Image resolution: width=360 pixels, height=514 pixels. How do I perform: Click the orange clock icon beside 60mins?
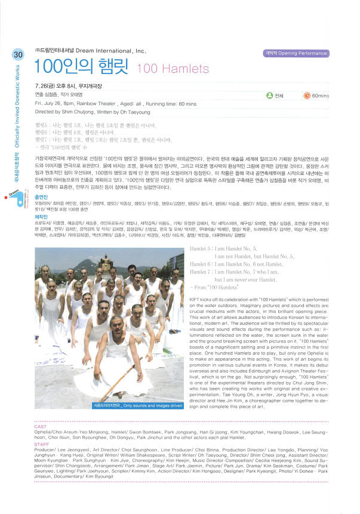pyautogui.click(x=307, y=95)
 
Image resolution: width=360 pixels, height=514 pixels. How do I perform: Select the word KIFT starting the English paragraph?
pyautogui.click(x=195, y=297)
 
